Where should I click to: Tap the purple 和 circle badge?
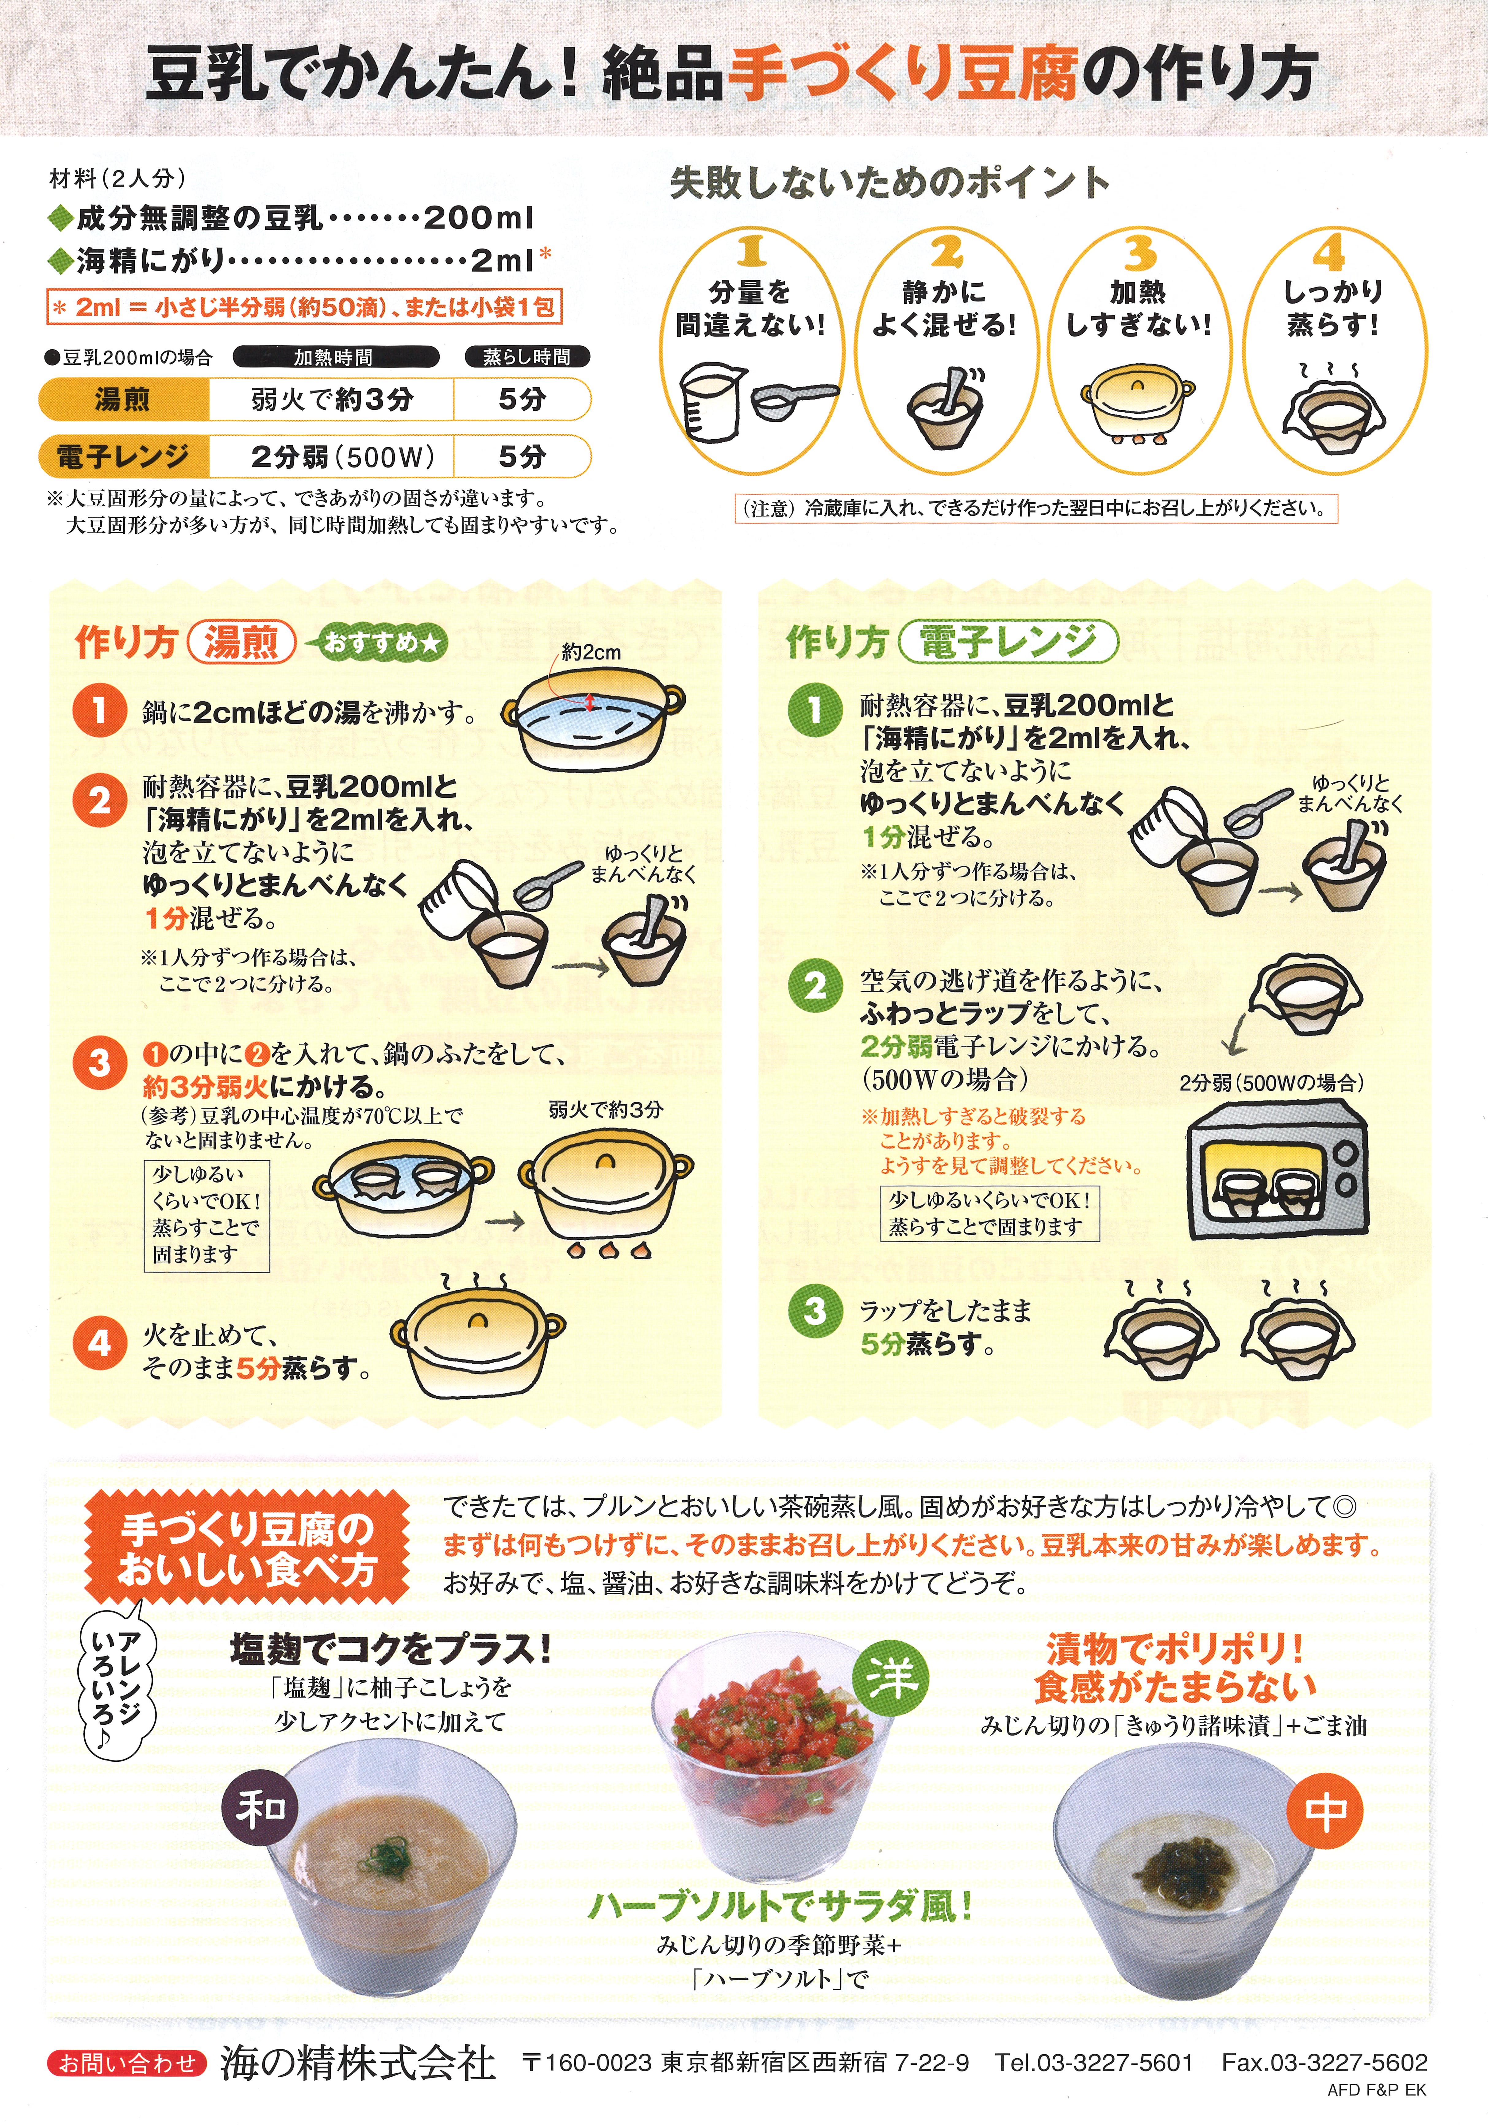260,1806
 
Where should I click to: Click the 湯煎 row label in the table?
123,399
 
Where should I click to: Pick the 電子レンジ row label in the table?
123,456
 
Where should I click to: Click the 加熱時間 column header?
334,357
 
